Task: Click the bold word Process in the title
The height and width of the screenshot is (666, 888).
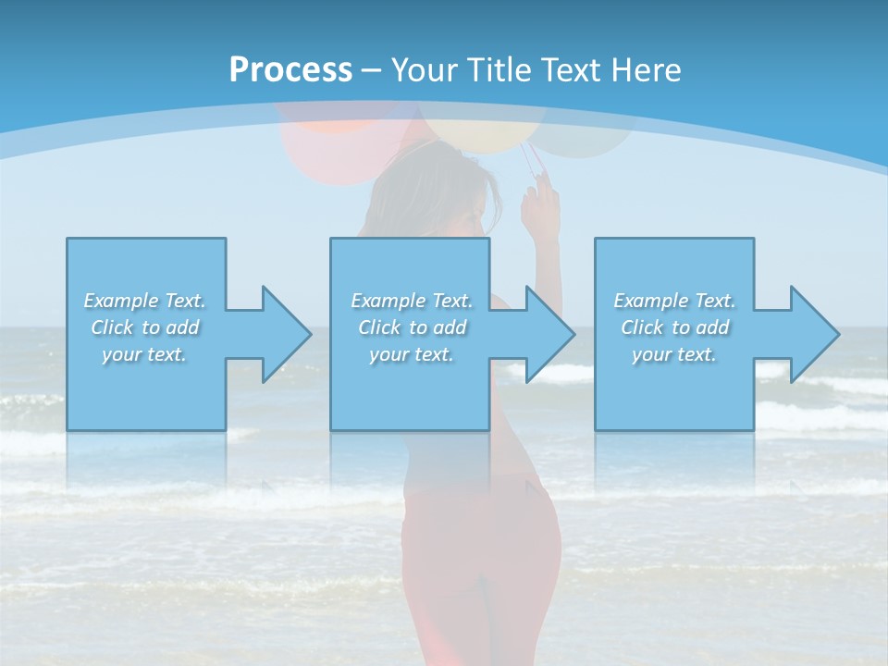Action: coord(290,70)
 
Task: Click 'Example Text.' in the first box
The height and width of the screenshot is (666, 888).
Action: coord(144,301)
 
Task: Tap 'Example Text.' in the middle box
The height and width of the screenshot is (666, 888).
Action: coord(412,301)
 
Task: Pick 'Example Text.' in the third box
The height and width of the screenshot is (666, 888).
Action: coord(674,301)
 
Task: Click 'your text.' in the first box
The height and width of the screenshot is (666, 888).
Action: coord(144,354)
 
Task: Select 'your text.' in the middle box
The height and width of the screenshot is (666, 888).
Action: coord(412,354)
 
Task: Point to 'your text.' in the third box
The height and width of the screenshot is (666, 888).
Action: coord(674,354)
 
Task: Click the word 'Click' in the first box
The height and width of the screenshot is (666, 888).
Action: coord(112,327)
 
